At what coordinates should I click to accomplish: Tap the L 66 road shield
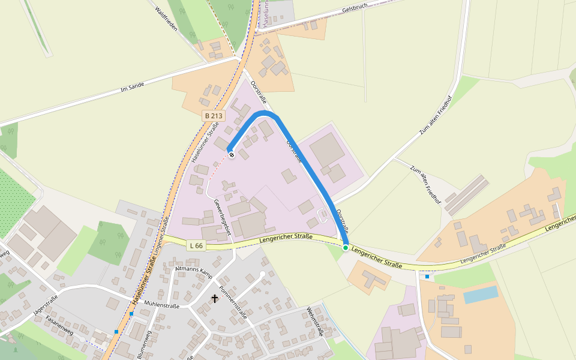click(196, 245)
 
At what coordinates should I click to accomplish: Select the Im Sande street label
click(133, 87)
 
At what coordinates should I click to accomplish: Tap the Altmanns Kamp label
click(193, 265)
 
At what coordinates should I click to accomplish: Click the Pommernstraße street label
click(234, 298)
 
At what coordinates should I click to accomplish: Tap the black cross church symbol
click(215, 298)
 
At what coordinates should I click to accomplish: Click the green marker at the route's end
click(346, 247)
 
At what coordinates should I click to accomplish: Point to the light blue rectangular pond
click(480, 295)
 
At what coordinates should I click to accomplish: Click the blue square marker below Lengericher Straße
click(427, 277)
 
